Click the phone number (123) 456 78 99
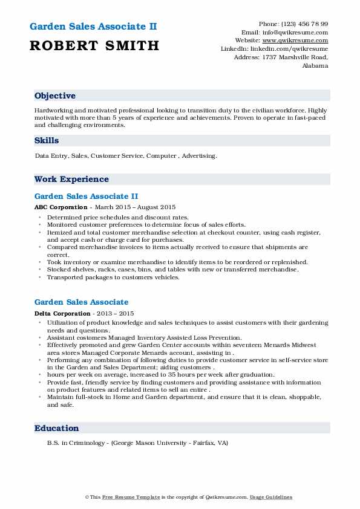pos(303,24)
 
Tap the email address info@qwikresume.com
pos(302,32)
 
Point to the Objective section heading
pos(55,96)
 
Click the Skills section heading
pos(47,140)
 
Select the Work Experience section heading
pos(71,180)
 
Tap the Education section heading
pos(57,428)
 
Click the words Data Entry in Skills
pos(50,156)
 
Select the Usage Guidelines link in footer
pos(271,497)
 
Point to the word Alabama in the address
pos(315,65)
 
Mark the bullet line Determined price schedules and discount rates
pos(117,217)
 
